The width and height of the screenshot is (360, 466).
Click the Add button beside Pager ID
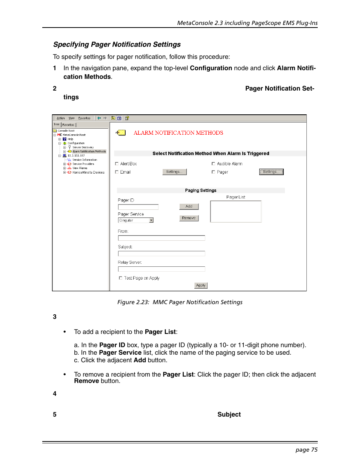(189, 206)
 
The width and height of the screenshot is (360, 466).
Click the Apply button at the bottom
(201, 286)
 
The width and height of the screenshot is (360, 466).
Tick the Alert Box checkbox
(117, 164)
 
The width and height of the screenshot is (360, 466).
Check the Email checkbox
(117, 172)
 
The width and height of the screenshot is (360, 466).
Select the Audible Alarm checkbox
(214, 164)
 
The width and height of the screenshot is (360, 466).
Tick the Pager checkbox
(214, 172)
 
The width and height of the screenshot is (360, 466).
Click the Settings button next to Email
(174, 172)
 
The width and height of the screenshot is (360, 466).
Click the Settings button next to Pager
(271, 172)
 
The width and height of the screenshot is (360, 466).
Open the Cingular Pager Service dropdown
(151, 220)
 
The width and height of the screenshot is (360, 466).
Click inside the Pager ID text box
(138, 207)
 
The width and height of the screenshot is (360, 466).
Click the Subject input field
(161, 254)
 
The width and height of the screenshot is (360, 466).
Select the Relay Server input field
(161, 269)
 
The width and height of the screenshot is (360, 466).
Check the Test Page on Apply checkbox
(121, 278)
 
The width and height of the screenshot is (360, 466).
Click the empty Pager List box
(235, 211)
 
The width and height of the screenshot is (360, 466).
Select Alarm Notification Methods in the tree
(89, 152)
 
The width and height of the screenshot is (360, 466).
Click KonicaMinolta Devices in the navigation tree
(88, 172)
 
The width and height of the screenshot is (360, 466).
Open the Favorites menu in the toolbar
(84, 118)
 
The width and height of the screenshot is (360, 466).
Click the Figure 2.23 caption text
(180, 302)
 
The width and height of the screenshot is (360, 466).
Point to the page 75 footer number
(306, 450)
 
